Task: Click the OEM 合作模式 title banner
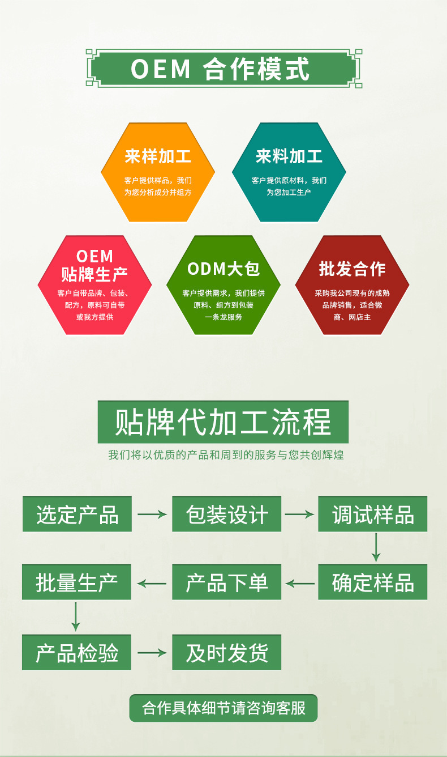coord(223,69)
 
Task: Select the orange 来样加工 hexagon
coord(158,172)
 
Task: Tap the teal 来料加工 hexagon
coord(289,172)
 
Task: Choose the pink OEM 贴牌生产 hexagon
coord(94,285)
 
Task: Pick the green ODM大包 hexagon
coord(223,285)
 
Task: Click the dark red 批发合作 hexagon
coord(352,285)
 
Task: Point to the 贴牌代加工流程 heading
coord(223,422)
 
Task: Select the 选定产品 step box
coord(77,514)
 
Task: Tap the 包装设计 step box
coord(226,514)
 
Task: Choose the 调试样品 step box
coord(372,514)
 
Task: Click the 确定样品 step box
coord(372,582)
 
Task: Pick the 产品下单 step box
coord(226,582)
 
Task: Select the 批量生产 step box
coord(77,582)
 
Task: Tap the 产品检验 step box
coord(77,652)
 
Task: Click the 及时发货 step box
coord(226,652)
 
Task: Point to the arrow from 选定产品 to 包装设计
coord(152,514)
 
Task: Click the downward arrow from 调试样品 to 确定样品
coord(375,547)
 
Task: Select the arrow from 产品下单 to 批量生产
coord(152,582)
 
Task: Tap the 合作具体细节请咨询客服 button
coord(223,708)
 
